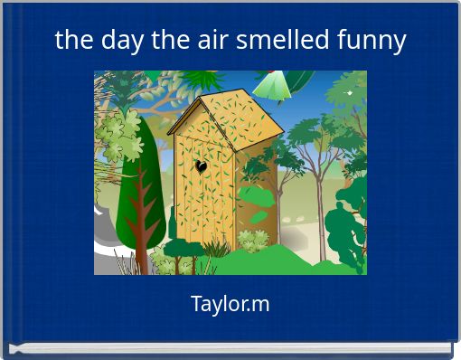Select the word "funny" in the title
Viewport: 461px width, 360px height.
click(371, 40)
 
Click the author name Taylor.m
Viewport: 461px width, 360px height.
click(230, 304)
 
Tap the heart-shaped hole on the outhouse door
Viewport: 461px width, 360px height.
click(202, 166)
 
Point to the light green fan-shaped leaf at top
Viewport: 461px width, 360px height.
click(271, 86)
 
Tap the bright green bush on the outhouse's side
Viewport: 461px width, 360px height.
click(258, 216)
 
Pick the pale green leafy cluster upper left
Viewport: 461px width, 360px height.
click(116, 131)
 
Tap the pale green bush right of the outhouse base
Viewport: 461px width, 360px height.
click(253, 241)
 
